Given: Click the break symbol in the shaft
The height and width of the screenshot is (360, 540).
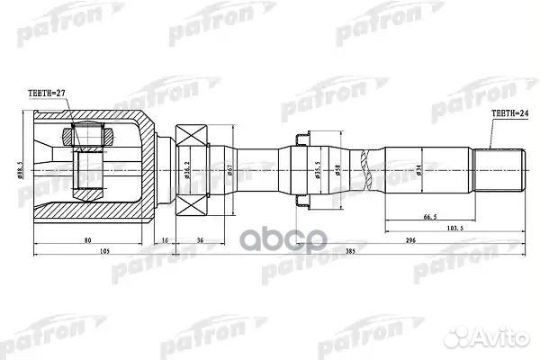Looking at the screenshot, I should (x=364, y=167).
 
